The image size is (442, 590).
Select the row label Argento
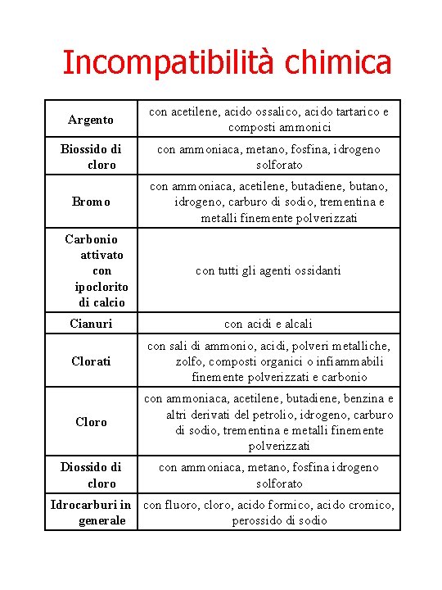click(x=91, y=120)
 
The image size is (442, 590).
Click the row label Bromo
click(x=91, y=202)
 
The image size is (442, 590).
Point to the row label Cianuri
click(x=91, y=324)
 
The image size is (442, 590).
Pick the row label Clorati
click(x=91, y=361)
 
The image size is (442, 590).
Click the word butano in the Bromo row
click(x=368, y=186)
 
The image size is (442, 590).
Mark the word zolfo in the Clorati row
click(x=191, y=361)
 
